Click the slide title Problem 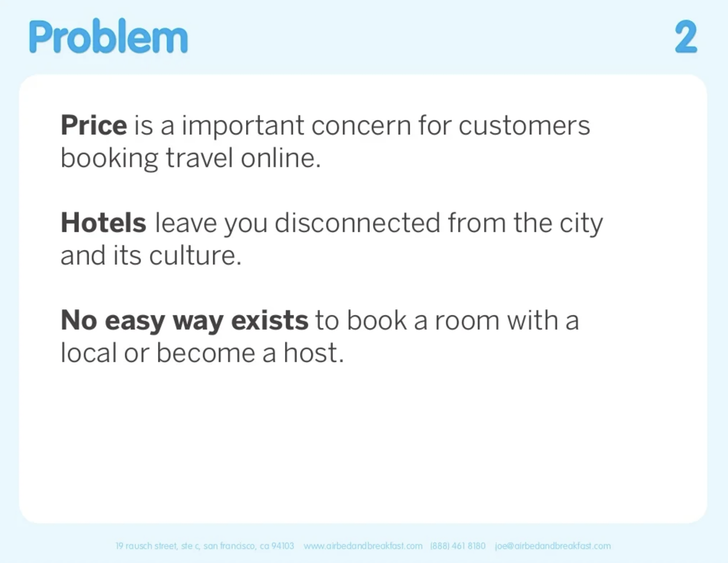pyautogui.click(x=109, y=36)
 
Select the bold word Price pyautogui.click(x=94, y=125)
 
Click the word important pyautogui.click(x=243, y=126)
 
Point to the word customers pyautogui.click(x=524, y=126)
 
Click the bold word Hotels pyautogui.click(x=103, y=223)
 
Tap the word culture pyautogui.click(x=195, y=255)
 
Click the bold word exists pyautogui.click(x=270, y=320)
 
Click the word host pyautogui.click(x=313, y=352)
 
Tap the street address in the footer pyautogui.click(x=205, y=546)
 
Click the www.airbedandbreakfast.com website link pyautogui.click(x=363, y=546)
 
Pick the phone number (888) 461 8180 pyautogui.click(x=458, y=546)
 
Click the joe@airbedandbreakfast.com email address pyautogui.click(x=553, y=546)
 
